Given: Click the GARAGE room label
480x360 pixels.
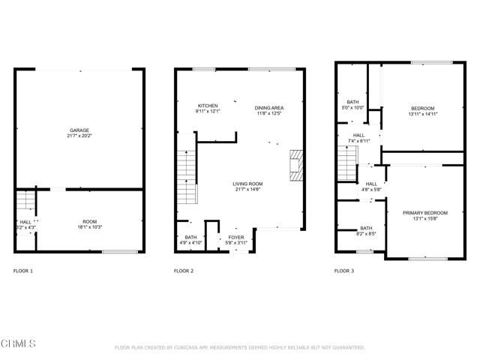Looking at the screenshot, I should (80, 130).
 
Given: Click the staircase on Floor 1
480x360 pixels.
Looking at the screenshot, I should (25, 201).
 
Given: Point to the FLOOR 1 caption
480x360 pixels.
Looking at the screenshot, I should (23, 271).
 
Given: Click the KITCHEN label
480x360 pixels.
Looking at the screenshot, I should (208, 106).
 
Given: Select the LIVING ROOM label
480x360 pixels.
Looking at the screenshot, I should (247, 184).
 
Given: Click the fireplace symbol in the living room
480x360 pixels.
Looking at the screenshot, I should (296, 163).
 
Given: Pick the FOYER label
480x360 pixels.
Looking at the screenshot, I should (236, 237).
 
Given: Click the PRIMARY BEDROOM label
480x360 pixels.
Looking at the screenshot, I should (424, 213).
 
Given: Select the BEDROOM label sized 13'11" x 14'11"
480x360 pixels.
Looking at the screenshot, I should (422, 108).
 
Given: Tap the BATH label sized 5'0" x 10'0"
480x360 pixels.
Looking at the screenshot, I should (352, 102).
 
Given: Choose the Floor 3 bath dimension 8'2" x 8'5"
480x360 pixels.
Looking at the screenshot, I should (366, 234).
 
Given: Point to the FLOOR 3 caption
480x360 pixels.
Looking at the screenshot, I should (343, 271).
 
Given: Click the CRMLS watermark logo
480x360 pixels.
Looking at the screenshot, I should (19, 343).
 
